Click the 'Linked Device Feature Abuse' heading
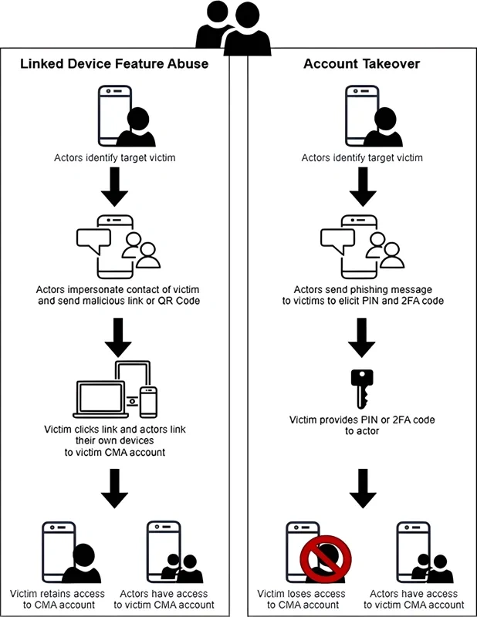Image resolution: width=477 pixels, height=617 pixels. click(x=114, y=64)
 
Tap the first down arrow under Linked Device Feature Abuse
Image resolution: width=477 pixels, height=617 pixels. click(x=114, y=188)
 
